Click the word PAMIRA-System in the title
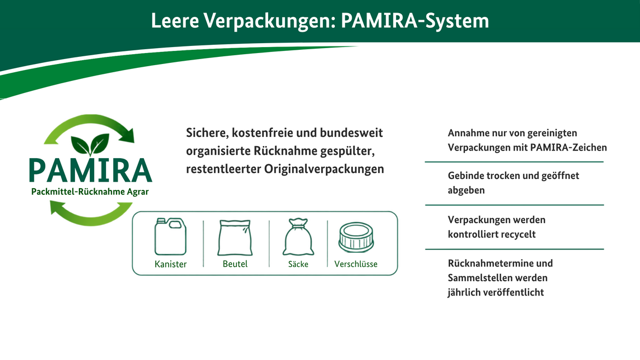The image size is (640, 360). (x=415, y=21)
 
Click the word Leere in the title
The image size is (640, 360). (x=175, y=20)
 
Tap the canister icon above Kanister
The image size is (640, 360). (x=171, y=236)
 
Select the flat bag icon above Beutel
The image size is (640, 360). (x=235, y=238)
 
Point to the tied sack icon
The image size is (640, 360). (x=298, y=237)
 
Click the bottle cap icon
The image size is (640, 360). (x=356, y=237)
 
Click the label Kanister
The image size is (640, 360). (x=171, y=264)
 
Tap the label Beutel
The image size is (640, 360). (x=235, y=264)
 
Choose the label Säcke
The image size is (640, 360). (x=298, y=264)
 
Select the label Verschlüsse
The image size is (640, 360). (x=356, y=264)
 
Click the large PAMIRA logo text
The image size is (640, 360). (x=90, y=170)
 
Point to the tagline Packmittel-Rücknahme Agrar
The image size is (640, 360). (x=90, y=192)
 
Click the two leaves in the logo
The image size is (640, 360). (x=90, y=144)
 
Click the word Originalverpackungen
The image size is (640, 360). (x=324, y=169)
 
